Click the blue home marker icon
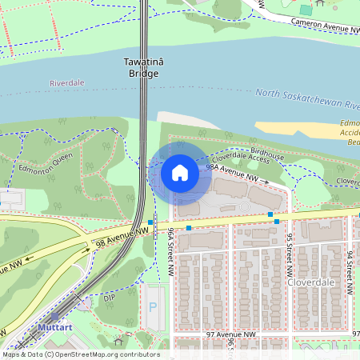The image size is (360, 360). click(x=180, y=173)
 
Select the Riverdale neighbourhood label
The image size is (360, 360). click(x=66, y=83)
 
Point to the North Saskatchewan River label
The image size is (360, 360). click(x=309, y=99)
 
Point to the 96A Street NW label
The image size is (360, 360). click(x=170, y=253)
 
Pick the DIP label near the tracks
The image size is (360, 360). click(x=110, y=298)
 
